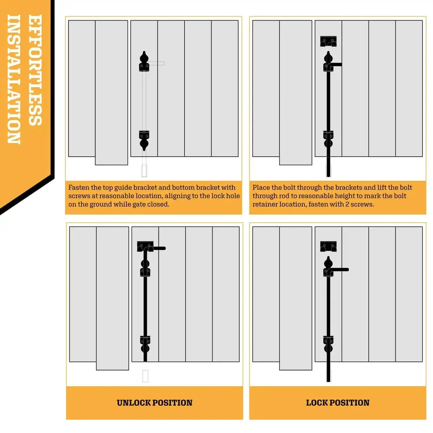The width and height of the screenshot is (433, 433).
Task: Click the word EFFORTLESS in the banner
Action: (35, 70)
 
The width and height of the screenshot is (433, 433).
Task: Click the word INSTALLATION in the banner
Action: (14, 79)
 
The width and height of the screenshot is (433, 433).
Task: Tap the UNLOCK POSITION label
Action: (154, 403)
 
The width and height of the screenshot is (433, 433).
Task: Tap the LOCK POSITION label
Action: (338, 403)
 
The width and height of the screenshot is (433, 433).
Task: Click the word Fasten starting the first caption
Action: (79, 187)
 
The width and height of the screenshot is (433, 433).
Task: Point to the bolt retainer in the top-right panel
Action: (329, 41)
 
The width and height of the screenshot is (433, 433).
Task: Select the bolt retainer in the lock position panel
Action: (329, 246)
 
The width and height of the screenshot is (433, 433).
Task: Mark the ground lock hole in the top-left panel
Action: (144, 171)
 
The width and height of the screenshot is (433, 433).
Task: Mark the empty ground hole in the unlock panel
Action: (145, 376)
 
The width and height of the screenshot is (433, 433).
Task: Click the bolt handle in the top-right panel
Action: (336, 65)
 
